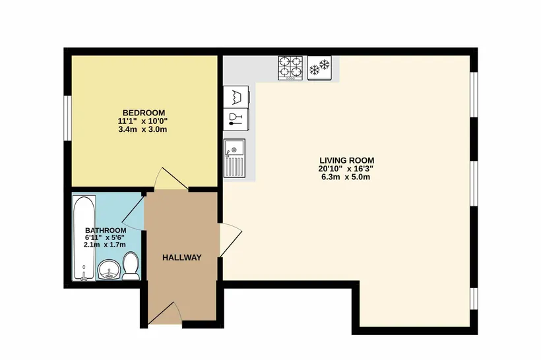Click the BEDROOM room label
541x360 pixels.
tap(144, 113)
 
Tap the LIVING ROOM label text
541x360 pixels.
tap(347, 160)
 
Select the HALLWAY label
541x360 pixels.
tap(182, 258)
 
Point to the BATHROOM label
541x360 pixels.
tap(106, 230)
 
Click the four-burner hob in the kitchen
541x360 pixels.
tap(290, 68)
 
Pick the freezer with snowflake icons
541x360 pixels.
tap(319, 68)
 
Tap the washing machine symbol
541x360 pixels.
tap(236, 97)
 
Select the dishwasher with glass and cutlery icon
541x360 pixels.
tap(236, 119)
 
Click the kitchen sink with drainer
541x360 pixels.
tap(234, 158)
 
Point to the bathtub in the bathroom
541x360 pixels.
tap(84, 238)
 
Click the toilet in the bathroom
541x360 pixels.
tap(131, 266)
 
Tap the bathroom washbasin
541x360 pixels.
tap(109, 269)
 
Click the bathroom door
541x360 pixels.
tap(133, 213)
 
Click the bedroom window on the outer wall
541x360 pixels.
tap(67, 118)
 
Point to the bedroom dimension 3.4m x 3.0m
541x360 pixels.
tap(143, 130)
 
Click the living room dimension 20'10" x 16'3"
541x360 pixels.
tap(346, 169)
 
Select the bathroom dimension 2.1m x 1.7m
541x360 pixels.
tap(104, 245)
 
